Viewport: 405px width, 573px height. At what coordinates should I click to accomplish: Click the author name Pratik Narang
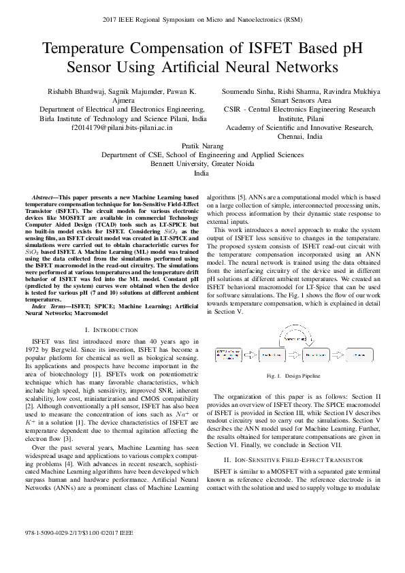tap(202, 146)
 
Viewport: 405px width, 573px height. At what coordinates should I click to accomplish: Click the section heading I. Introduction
tap(101, 329)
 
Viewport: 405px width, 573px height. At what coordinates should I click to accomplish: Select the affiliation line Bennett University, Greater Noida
tap(202, 164)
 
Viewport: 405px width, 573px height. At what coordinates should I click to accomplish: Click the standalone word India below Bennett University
tap(202, 174)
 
